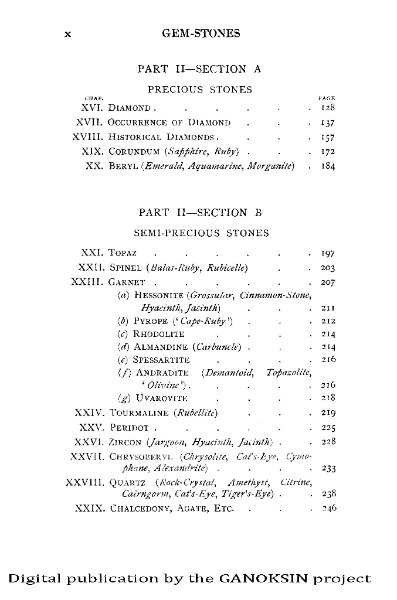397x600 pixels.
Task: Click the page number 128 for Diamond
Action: click(x=327, y=108)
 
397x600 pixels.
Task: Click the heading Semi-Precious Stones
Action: click(x=201, y=233)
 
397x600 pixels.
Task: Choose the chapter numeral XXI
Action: click(x=91, y=253)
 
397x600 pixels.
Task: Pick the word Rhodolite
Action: click(x=158, y=334)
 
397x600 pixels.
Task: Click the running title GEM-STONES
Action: click(x=201, y=33)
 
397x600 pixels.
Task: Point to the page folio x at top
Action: click(x=67, y=34)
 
